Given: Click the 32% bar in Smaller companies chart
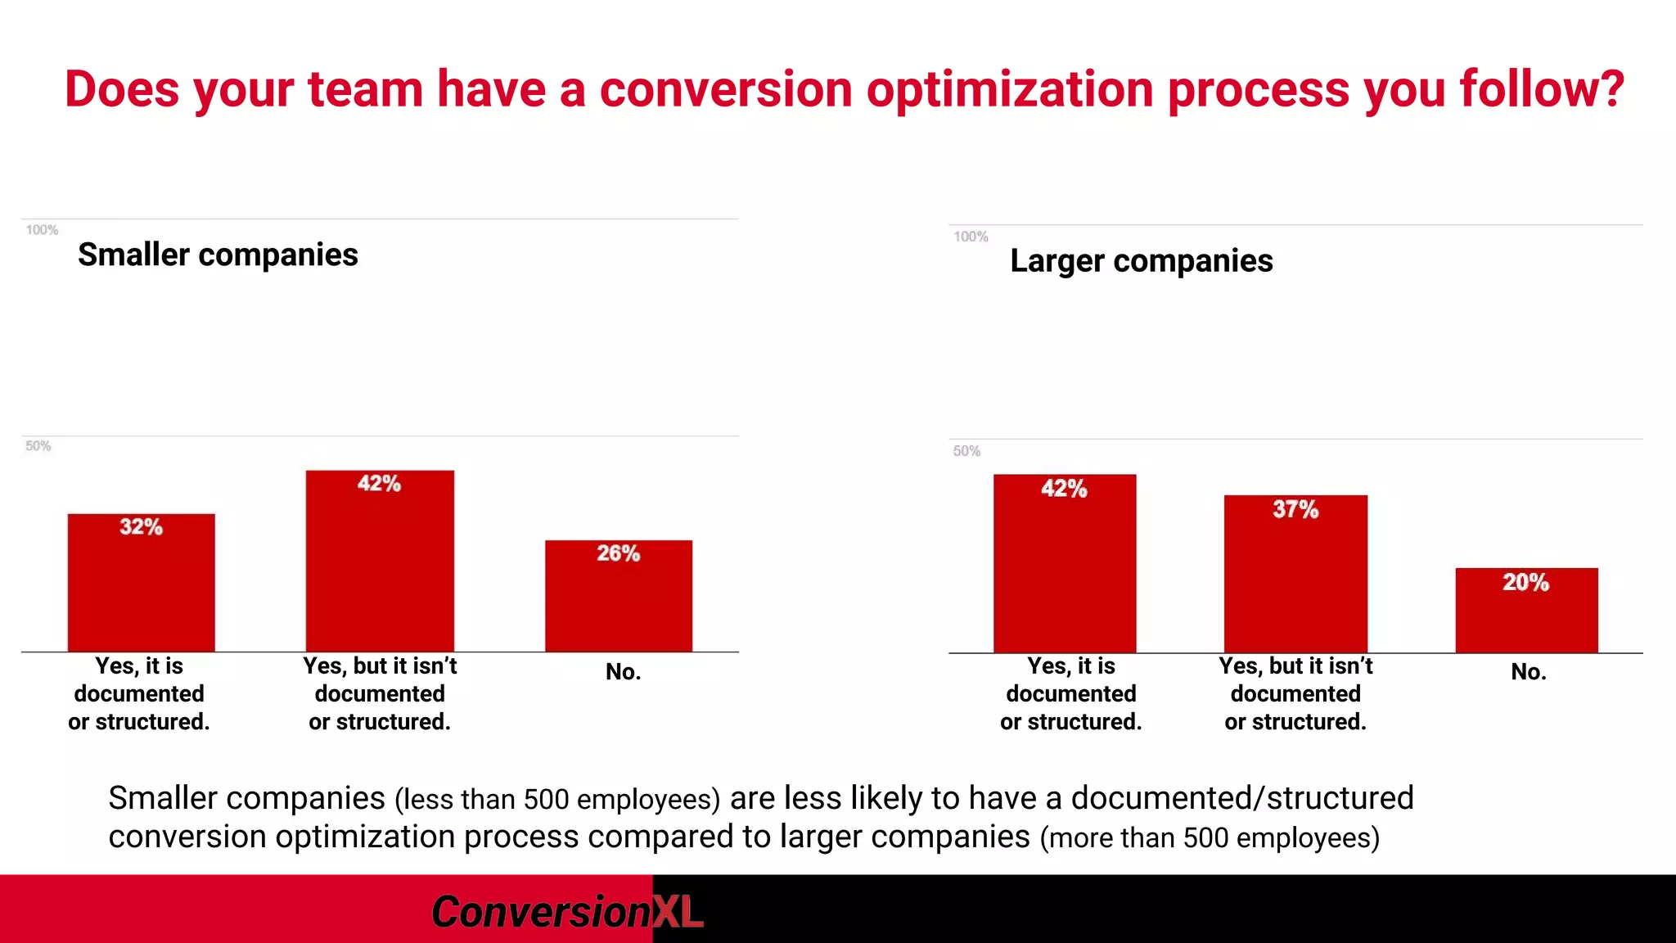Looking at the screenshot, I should (x=141, y=583).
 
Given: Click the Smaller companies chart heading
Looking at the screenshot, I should (x=218, y=255).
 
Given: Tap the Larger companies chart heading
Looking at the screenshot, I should (x=1142, y=260).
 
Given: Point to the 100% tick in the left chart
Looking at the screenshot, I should (x=42, y=230).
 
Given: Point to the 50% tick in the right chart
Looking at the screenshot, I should (x=966, y=451).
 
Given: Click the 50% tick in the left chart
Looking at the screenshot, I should (x=38, y=446).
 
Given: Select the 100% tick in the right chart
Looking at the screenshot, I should (x=971, y=237).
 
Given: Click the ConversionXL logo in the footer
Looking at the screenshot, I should (x=566, y=911).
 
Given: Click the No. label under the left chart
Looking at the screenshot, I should (x=623, y=672).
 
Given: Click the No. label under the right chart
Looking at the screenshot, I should (x=1528, y=672).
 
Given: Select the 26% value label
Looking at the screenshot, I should (x=618, y=553).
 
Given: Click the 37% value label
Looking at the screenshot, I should (x=1295, y=509).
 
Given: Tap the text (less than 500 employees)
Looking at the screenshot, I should (x=557, y=800).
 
